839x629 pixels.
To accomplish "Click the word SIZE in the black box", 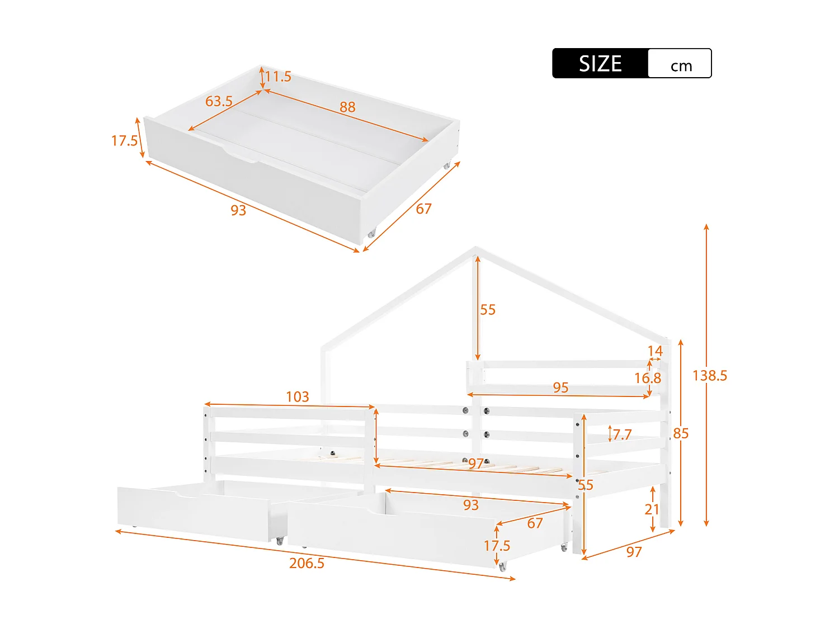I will [600, 64].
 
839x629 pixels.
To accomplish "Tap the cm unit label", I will [681, 66].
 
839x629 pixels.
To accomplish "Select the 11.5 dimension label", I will [278, 77].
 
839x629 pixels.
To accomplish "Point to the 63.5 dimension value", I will [219, 101].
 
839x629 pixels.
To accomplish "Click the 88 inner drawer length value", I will [347, 107].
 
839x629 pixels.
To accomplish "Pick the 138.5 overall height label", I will [710, 376].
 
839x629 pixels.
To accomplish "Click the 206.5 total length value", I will [307, 563].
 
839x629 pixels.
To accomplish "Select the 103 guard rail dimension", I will [297, 397].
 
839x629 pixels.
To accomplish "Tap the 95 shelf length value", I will [560, 387].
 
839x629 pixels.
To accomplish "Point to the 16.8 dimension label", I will [647, 379].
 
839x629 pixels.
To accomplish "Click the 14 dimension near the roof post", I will [655, 351].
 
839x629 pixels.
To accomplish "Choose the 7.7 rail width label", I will [622, 434].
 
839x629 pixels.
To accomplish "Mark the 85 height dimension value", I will [681, 433].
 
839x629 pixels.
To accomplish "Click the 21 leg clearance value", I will [652, 509].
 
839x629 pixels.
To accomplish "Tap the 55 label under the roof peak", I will [488, 310].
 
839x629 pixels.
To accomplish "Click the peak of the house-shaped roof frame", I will [475, 248].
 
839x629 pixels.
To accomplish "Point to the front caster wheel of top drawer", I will [371, 234].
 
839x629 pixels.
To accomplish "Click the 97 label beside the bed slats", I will [475, 464].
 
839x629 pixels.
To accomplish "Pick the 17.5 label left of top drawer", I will [124, 141].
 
